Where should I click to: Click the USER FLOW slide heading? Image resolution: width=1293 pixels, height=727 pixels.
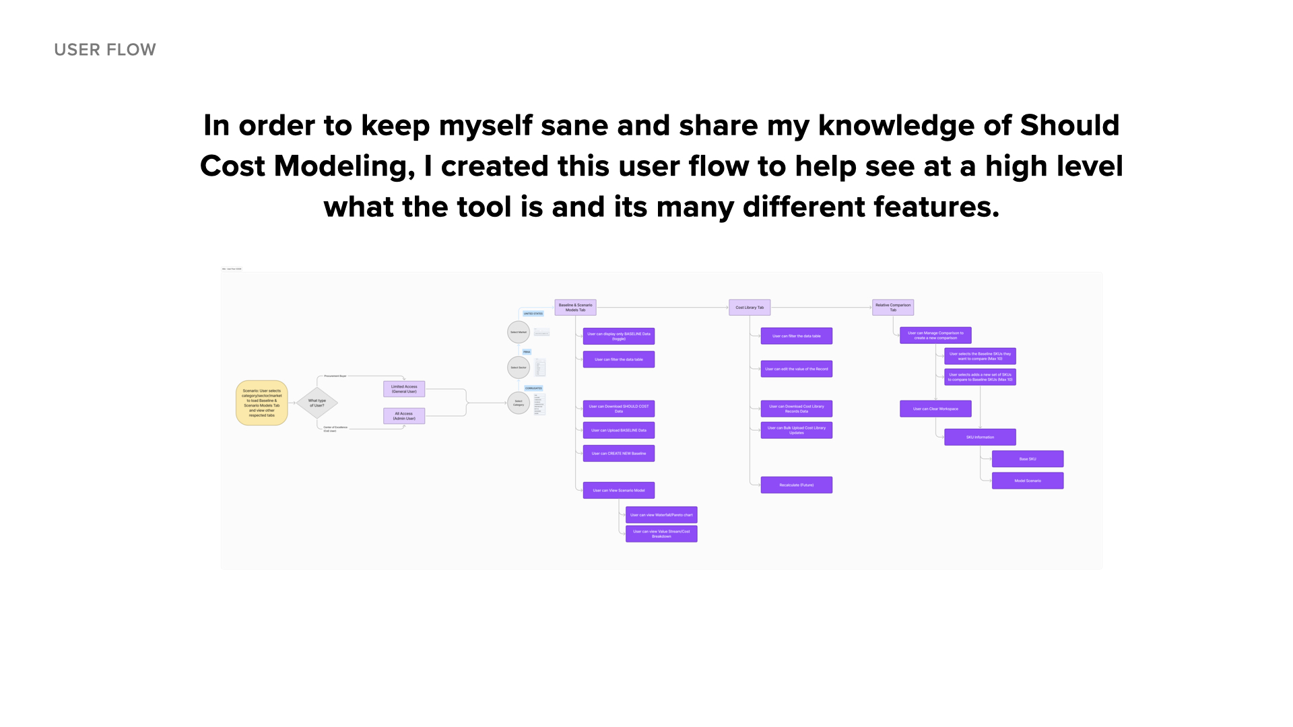click(x=105, y=50)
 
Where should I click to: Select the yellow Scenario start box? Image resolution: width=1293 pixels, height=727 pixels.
click(x=262, y=403)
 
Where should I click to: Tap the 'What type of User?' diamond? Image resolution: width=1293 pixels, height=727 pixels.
click(x=317, y=403)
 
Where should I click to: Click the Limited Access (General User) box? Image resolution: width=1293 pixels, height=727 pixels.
click(x=404, y=389)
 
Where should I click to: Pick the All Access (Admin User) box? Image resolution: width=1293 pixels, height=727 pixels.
click(x=404, y=416)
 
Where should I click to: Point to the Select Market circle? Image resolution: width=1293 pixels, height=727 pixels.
click(x=519, y=332)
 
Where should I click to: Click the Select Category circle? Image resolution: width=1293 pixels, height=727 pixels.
click(x=519, y=403)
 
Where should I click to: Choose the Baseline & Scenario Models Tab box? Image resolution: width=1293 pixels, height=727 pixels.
click(x=575, y=308)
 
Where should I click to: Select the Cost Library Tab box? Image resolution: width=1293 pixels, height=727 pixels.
click(x=750, y=308)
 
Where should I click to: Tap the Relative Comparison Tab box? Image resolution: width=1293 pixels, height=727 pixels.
click(x=893, y=308)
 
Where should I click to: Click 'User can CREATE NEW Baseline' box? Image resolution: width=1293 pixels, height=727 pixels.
click(x=619, y=454)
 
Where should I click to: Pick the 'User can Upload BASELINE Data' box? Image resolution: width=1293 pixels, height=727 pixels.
click(x=619, y=430)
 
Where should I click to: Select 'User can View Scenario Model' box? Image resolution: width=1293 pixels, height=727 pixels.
click(x=619, y=490)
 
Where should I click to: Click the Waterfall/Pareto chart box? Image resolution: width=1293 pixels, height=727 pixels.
click(x=661, y=515)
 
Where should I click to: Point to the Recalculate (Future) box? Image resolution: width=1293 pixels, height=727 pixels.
click(x=797, y=485)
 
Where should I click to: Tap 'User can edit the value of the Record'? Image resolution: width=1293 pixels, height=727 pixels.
click(x=797, y=369)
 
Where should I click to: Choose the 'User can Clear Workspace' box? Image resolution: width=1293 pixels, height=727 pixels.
click(x=935, y=409)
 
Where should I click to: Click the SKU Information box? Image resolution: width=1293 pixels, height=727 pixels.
click(x=980, y=437)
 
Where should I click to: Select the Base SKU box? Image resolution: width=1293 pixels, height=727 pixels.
click(x=1028, y=459)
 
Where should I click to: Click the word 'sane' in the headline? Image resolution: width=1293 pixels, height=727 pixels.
click(x=574, y=126)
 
